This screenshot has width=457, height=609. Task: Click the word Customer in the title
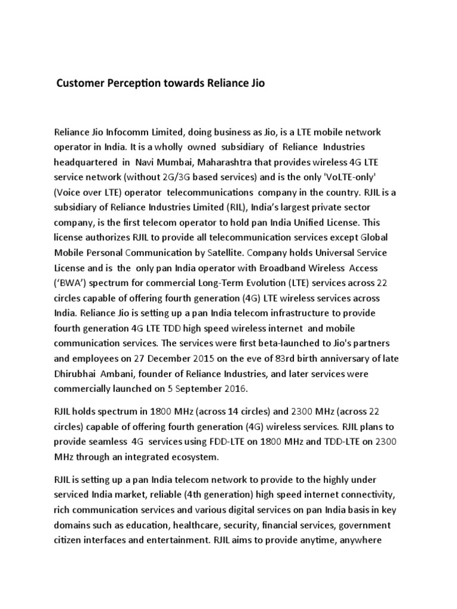coord(78,84)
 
